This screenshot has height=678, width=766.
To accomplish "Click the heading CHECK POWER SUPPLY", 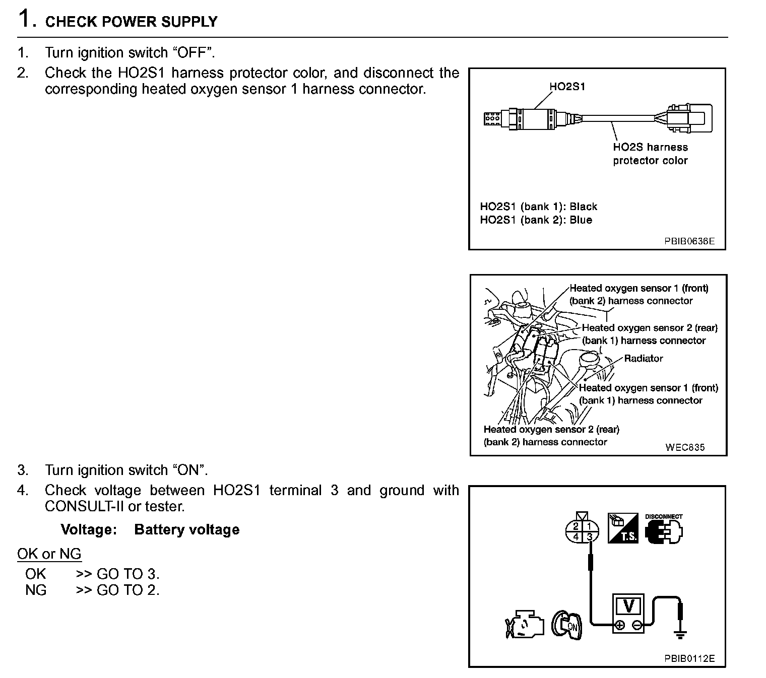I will point(132,22).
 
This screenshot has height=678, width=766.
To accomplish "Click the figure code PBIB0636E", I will point(689,241).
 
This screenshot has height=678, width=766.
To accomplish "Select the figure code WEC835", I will point(685,447).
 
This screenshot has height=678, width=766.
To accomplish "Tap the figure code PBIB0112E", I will point(689,658).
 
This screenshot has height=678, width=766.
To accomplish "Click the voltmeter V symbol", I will point(628,606).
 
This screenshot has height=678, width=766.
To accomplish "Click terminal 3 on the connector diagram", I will point(590,537).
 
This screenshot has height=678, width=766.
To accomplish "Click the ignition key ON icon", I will point(566,625).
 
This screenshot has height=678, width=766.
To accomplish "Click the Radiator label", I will point(643,358).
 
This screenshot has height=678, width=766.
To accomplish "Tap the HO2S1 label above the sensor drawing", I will point(567,87).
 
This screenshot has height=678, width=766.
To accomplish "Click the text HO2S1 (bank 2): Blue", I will point(536,220).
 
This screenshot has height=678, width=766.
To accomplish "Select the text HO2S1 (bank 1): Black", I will point(538,207).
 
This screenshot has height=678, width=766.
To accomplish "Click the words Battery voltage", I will point(186,529).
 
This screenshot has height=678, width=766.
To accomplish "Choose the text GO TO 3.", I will point(128,574).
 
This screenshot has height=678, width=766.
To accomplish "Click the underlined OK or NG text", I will point(49,554).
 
